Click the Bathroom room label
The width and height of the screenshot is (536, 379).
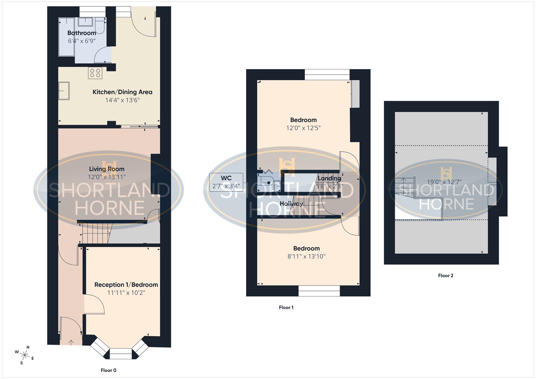point(81,33)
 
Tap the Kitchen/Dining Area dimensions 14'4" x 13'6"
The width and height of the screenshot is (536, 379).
point(123,100)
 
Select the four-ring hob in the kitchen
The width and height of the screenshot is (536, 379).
point(95,73)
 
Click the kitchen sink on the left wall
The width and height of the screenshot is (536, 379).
point(64,91)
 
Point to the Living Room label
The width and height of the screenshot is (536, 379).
point(106,169)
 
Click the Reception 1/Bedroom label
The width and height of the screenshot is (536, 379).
point(126,285)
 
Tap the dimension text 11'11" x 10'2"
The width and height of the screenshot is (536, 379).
point(126,293)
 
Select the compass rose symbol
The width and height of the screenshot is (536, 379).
point(25,355)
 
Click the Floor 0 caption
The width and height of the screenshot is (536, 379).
point(108,370)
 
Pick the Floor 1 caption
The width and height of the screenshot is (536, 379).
point(286,307)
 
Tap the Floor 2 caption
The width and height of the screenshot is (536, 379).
point(445,275)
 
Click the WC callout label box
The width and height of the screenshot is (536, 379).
point(226,182)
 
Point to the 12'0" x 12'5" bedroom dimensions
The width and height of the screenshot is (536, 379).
point(303,128)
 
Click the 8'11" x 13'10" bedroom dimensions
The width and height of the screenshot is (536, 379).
point(306,257)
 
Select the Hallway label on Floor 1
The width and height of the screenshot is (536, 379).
point(291,204)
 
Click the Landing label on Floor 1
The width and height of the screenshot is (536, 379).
point(329,178)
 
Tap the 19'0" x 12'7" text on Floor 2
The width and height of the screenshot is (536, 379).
point(444,182)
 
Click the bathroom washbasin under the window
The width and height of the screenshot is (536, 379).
point(85,22)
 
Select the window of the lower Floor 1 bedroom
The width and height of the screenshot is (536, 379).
point(319,291)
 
